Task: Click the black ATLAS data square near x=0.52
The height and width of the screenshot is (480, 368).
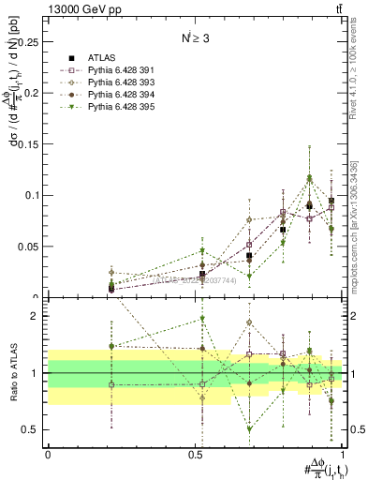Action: [x=202, y=275]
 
